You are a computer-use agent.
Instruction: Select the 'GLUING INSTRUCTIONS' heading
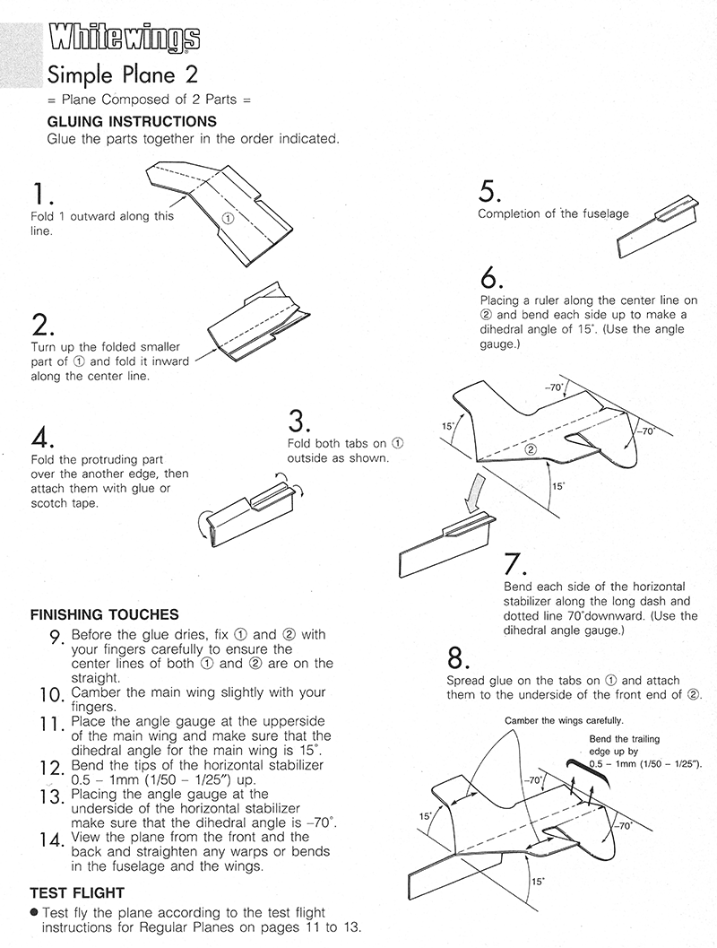pos(131,121)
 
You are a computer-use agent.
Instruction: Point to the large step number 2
pos(43,325)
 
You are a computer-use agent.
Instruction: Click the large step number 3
pos(299,421)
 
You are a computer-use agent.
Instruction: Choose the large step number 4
pos(43,438)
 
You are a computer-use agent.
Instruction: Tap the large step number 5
pos(489,191)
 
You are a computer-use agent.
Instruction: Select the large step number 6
pos(492,278)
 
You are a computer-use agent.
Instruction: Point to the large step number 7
pos(514,565)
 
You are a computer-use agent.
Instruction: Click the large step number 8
pos(457,659)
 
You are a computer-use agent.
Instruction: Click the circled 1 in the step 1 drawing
pos(228,217)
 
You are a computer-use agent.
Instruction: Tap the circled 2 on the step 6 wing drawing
pos(531,449)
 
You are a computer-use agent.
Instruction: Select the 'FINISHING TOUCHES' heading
pos(105,616)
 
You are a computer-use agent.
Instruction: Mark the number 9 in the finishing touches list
pos(55,637)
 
